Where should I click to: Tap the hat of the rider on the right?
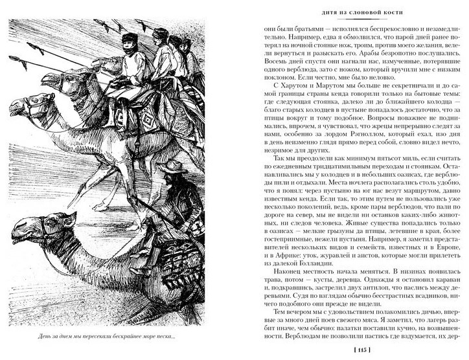pos(172,166)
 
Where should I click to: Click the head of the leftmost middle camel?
pos(34,107)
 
